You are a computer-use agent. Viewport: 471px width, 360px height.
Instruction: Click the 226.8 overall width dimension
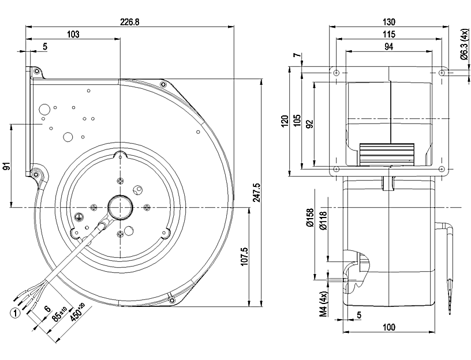click(x=130, y=22)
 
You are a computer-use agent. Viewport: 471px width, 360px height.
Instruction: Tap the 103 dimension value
click(x=73, y=34)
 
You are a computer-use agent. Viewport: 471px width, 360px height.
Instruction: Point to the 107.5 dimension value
click(x=244, y=256)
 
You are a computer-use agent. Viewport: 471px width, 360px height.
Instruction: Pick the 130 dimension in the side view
click(x=389, y=22)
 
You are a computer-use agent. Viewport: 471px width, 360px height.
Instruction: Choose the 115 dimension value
click(x=389, y=34)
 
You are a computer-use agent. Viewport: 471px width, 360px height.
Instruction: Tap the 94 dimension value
click(x=388, y=47)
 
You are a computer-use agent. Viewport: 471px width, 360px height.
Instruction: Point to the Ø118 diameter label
click(x=324, y=221)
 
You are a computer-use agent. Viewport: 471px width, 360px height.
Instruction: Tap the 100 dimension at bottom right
click(x=389, y=327)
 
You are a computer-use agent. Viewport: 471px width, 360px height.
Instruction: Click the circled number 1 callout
click(x=15, y=313)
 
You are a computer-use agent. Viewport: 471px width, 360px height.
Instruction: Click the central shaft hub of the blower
click(x=120, y=207)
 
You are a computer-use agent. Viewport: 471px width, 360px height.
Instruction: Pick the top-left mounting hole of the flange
click(x=336, y=73)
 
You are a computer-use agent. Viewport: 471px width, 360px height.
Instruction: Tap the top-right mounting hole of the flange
click(x=442, y=73)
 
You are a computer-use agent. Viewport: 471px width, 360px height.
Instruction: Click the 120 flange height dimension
click(x=285, y=121)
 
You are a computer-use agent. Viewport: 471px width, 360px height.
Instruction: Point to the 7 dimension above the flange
click(x=297, y=55)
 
